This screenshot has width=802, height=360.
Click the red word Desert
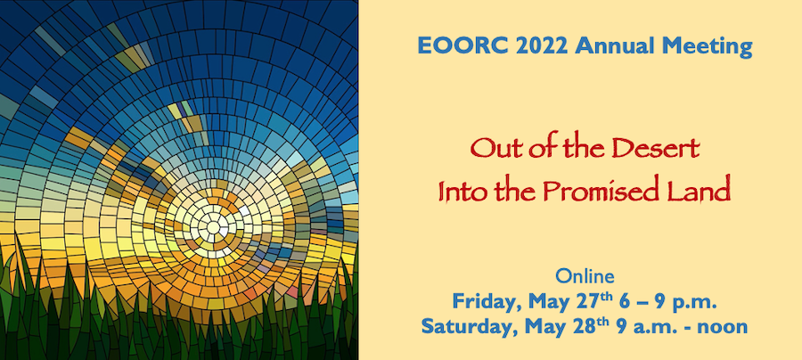pyautogui.click(x=655, y=148)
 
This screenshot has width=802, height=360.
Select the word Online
pyautogui.click(x=585, y=276)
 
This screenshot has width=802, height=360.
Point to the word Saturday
pyautogui.click(x=462, y=326)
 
